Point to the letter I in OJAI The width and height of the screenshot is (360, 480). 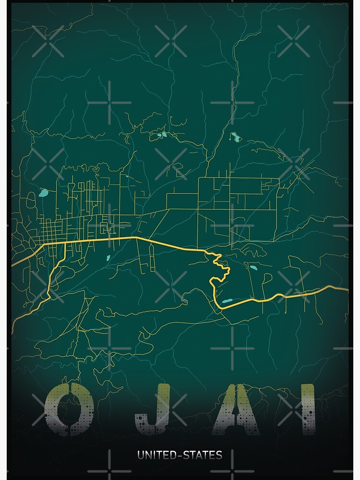point(308,409)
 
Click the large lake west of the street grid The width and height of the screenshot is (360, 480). point(44,194)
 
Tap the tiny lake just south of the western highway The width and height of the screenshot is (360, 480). point(108,258)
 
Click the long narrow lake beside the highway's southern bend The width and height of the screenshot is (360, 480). point(227,301)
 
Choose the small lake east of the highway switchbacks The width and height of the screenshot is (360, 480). point(253,267)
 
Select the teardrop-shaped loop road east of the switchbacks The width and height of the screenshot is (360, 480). point(267,278)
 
